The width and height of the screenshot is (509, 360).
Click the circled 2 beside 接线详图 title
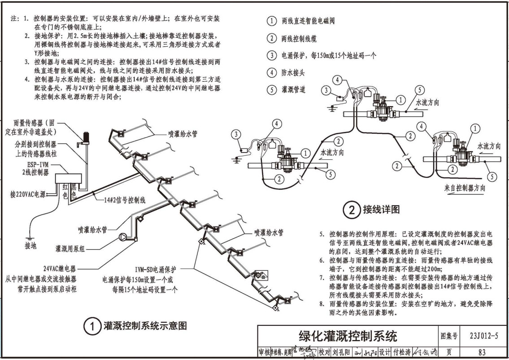click(352, 210)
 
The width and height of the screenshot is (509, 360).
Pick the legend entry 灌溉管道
click(293, 89)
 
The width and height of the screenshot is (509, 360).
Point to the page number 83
click(483, 352)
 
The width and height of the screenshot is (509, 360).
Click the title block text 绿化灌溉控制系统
click(348, 336)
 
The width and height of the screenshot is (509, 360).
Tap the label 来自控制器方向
click(464, 188)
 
